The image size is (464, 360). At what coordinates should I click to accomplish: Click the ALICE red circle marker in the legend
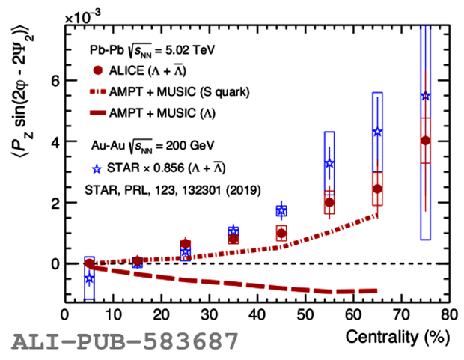click(x=97, y=71)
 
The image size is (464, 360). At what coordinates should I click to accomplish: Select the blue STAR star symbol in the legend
click(x=97, y=167)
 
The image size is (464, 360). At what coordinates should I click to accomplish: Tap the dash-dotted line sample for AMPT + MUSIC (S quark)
click(x=97, y=92)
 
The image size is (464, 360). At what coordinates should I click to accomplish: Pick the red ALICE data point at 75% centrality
click(x=426, y=140)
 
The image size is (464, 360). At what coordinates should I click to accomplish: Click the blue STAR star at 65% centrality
click(x=378, y=132)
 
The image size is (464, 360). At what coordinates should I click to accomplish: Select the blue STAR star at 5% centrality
click(x=90, y=278)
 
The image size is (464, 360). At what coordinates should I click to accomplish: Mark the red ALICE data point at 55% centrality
click(x=330, y=202)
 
